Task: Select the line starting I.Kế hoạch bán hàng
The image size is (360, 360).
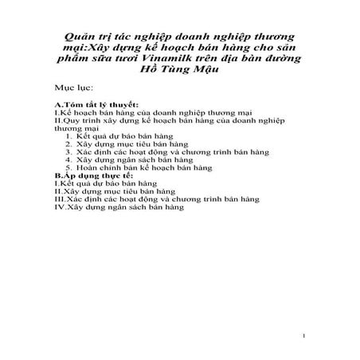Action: point(143,113)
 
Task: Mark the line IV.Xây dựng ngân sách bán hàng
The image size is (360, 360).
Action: point(119,207)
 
